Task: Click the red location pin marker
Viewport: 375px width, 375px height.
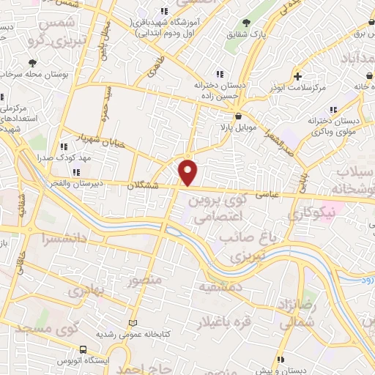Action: coord(188,173)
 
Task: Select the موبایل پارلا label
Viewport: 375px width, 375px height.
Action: coord(235,127)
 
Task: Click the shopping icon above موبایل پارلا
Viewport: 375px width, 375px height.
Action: coord(238,116)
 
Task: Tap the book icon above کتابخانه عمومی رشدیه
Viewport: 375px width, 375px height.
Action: coord(133,323)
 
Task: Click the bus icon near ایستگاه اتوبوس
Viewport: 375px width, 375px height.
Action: coord(83,349)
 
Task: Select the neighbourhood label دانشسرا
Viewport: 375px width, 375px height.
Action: coord(67,237)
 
